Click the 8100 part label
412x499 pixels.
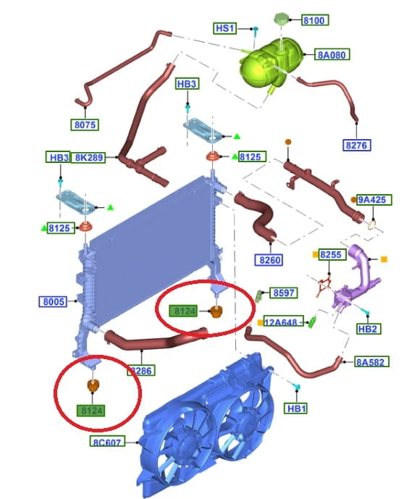pyautogui.click(x=314, y=20)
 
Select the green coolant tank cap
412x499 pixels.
pyautogui.click(x=281, y=18)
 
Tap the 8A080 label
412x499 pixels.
pyautogui.click(x=332, y=54)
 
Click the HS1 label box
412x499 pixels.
pyautogui.click(x=225, y=28)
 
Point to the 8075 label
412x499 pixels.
pyautogui.click(x=85, y=125)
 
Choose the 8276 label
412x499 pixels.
pyautogui.click(x=357, y=145)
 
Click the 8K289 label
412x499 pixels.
pyautogui.click(x=89, y=157)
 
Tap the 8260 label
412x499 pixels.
pyautogui.click(x=269, y=260)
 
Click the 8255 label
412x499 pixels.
pyautogui.click(x=332, y=255)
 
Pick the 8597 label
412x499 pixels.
pyautogui.click(x=284, y=293)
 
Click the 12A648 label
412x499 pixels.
pyautogui.click(x=283, y=322)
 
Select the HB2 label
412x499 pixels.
pyautogui.click(x=368, y=328)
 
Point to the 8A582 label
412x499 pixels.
pyautogui.click(x=371, y=362)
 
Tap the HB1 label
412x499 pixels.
pyautogui.click(x=296, y=408)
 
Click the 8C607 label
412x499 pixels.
pyautogui.click(x=107, y=442)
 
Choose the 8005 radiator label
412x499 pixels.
pyautogui.click(x=53, y=301)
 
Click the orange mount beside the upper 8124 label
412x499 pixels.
pyautogui.click(x=216, y=311)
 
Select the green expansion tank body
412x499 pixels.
pyautogui.click(x=270, y=64)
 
